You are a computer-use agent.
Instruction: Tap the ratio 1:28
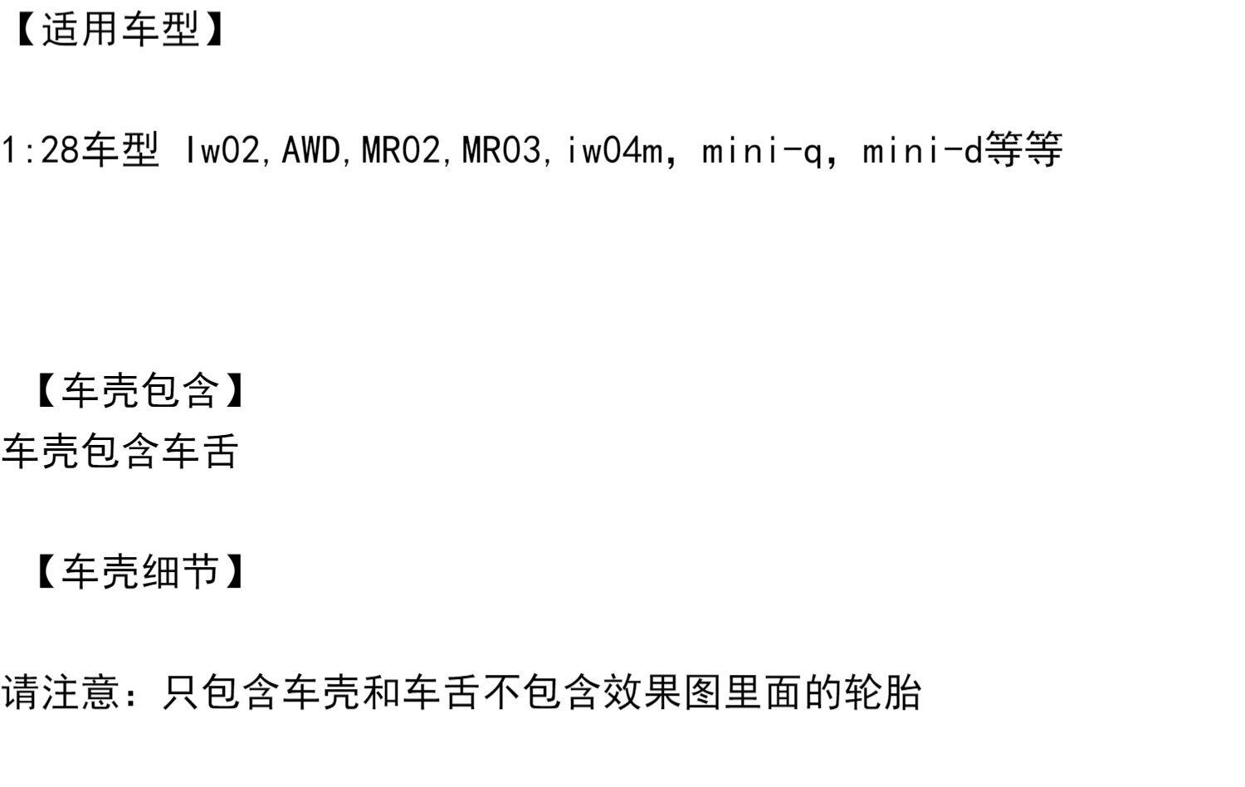point(39,151)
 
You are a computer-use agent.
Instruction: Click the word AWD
point(310,151)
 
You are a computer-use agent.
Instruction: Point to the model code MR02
point(401,151)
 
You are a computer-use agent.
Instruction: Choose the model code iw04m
point(614,151)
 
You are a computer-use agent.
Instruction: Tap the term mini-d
point(922,151)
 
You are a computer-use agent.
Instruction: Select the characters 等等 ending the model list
point(1023,151)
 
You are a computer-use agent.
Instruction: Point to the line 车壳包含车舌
point(120,452)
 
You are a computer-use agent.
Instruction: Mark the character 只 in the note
point(182,692)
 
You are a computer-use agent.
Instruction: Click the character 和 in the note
point(383,692)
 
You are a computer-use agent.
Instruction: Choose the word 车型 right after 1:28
point(120,151)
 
